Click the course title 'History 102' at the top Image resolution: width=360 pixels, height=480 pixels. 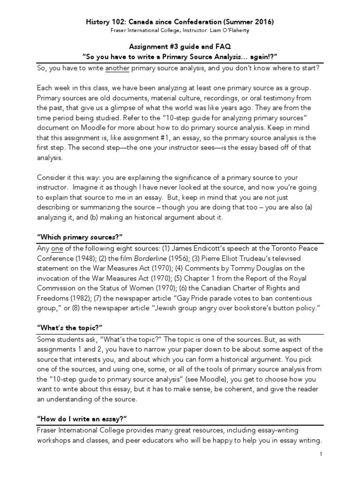pos(105,22)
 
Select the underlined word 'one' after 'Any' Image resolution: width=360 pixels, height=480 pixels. pos(57,248)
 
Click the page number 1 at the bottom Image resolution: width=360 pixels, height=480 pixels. pos(321,454)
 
